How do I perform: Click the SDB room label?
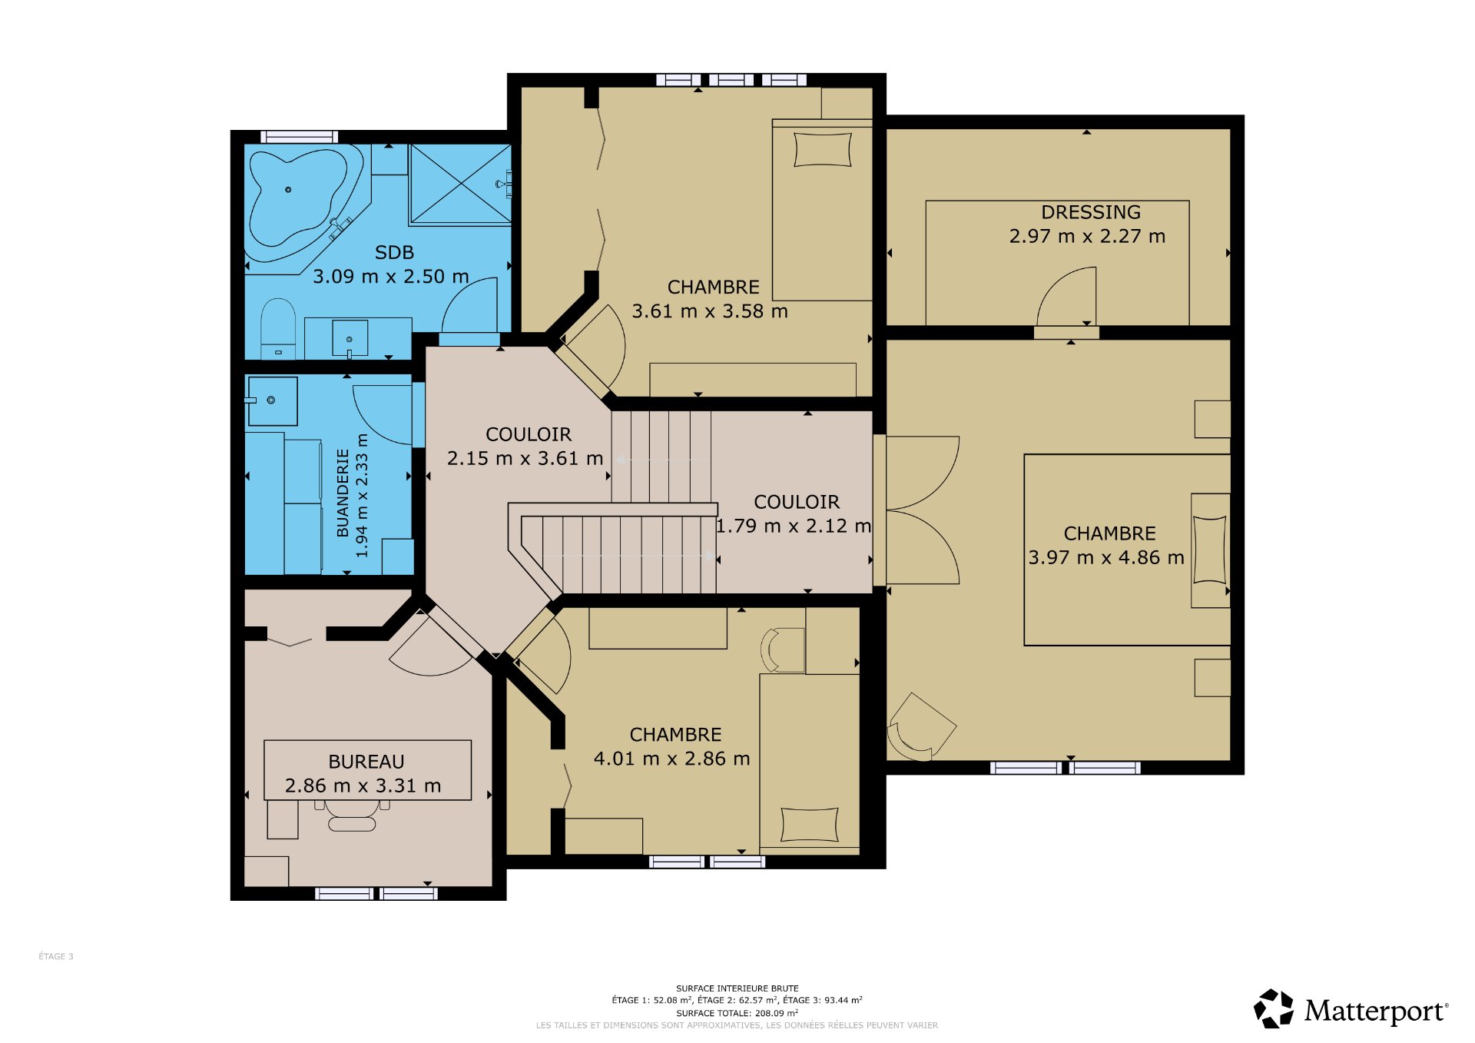tap(394, 252)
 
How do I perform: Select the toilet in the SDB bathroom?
tap(278, 328)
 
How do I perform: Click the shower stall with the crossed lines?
tap(460, 184)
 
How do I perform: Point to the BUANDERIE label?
tap(343, 493)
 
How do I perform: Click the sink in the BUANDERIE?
tap(271, 400)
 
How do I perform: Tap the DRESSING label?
tap(1090, 212)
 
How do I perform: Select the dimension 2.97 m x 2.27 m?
tap(1087, 236)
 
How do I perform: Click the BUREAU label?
tap(366, 762)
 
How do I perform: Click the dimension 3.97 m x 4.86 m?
tap(1106, 557)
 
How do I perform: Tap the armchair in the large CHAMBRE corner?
tap(920, 727)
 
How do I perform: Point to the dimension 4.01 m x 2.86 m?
tap(671, 759)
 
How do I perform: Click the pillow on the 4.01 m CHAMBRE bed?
tap(810, 825)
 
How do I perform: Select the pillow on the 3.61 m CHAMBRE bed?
tap(823, 150)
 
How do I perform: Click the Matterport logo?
tap(1351, 1009)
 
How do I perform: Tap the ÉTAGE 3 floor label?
tap(56, 956)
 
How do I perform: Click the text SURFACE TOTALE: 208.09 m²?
tap(737, 1013)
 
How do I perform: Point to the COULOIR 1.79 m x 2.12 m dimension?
tap(794, 526)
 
